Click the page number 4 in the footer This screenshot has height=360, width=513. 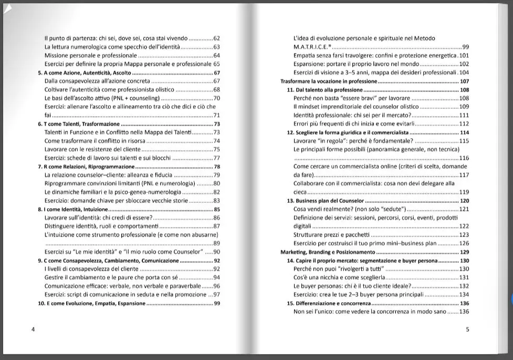pos(33,330)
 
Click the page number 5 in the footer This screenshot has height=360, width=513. pos(467,330)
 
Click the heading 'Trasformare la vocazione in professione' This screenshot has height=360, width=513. pos(329,81)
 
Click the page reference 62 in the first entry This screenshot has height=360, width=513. pos(216,38)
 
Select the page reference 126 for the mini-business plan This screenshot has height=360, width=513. pos(464,244)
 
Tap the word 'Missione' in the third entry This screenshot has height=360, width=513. pos(56,56)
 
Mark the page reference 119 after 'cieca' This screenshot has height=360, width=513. pos(464,192)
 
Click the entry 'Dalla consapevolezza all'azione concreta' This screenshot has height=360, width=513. pos(97,81)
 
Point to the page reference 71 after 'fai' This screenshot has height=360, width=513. pos(216,115)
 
